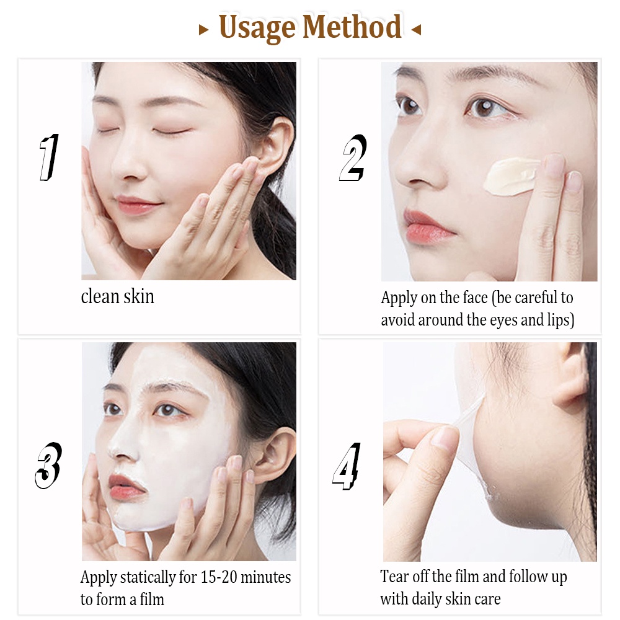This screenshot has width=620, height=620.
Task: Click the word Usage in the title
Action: [257, 29]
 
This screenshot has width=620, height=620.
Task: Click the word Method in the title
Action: [352, 27]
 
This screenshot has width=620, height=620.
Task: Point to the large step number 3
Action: [48, 464]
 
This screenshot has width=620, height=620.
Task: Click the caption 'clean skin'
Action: [118, 297]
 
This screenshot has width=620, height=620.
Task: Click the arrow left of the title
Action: [203, 29]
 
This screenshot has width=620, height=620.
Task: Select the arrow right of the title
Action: [416, 29]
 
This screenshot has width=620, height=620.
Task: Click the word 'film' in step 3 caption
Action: [151, 600]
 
